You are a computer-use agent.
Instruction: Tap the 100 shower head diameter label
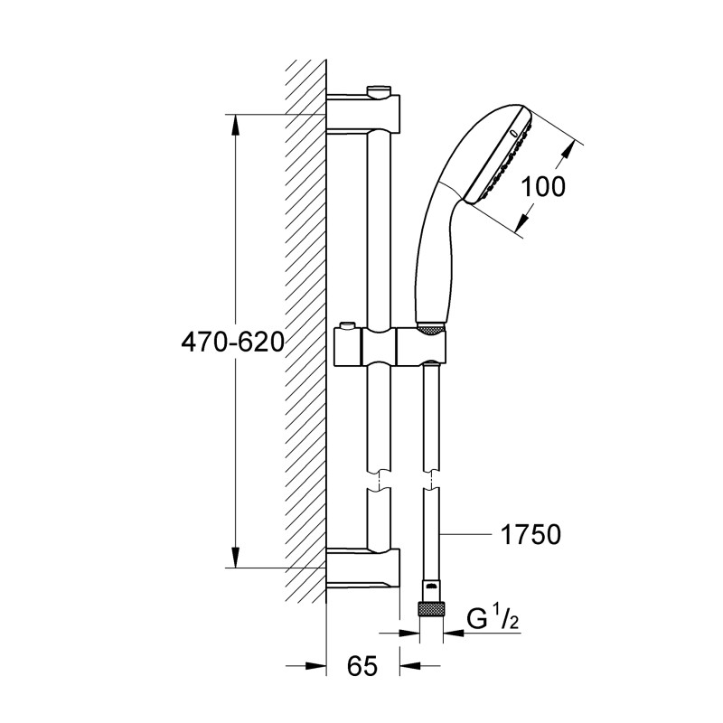543,186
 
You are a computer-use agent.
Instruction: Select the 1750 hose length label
530,534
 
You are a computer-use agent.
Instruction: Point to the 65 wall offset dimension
361,668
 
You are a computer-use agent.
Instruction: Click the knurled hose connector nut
432,609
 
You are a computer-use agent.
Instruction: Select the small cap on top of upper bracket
380,89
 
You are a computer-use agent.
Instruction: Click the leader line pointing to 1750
465,535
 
